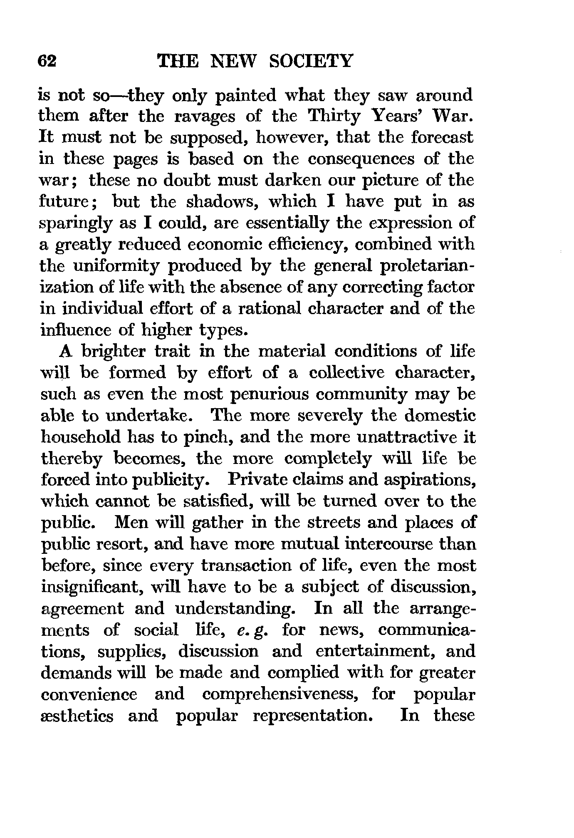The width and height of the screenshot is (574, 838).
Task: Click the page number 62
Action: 46,61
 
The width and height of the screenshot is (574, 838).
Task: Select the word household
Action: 79,437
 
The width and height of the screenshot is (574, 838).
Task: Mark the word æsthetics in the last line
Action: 77,716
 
